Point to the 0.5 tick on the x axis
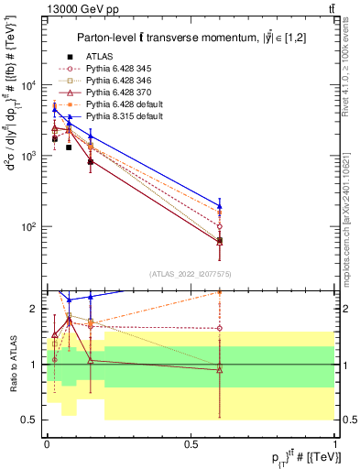click(x=191, y=444)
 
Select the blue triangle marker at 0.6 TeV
click(x=219, y=205)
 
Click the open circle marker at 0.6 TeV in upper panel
click(x=219, y=226)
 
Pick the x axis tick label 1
click(x=335, y=444)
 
